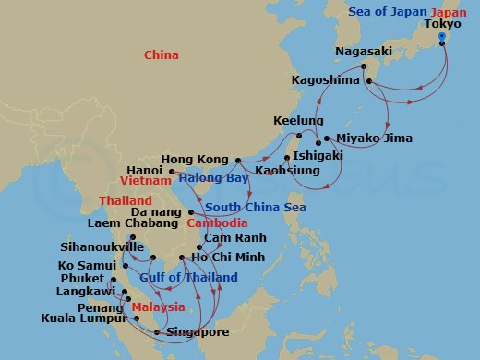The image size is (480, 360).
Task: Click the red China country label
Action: pos(162,56)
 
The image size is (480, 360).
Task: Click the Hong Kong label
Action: pos(195,158)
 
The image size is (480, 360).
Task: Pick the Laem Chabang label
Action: pos(133,223)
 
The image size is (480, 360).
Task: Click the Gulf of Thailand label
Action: pos(188,278)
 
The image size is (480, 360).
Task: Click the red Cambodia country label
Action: pos(217,223)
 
